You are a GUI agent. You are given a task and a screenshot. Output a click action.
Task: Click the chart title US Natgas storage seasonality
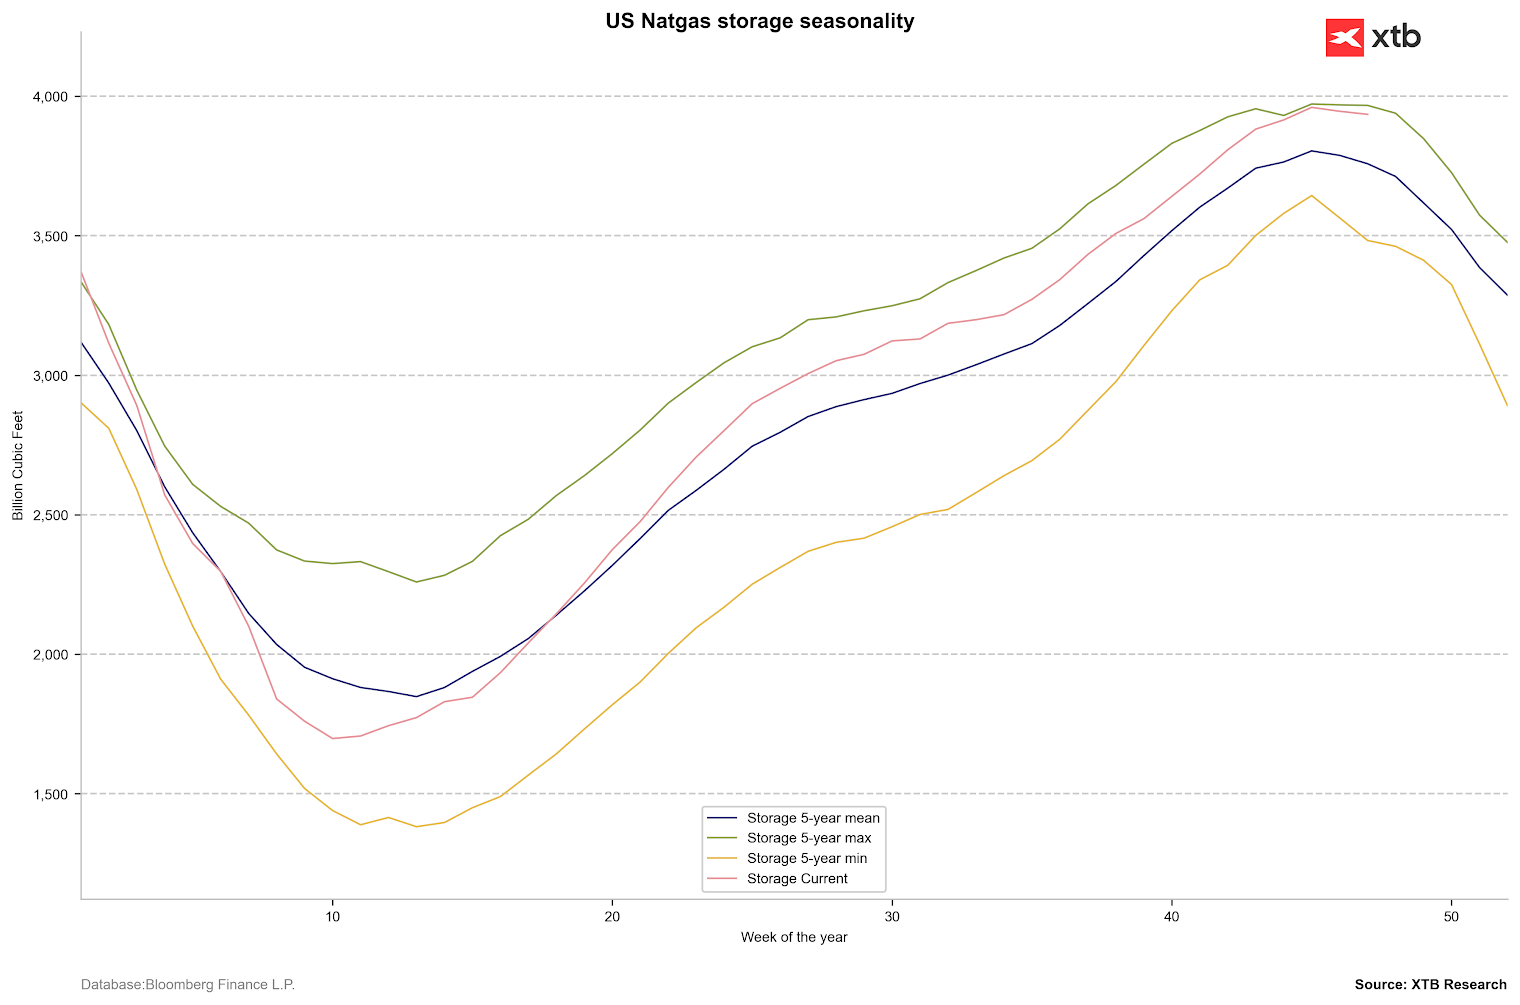coord(759,21)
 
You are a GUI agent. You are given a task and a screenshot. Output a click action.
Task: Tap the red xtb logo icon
coord(1344,38)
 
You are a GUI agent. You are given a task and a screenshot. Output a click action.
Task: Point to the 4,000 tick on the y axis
coord(49,97)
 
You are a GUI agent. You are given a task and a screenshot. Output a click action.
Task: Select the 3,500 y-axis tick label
coord(49,237)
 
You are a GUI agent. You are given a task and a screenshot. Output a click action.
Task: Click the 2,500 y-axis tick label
coord(49,516)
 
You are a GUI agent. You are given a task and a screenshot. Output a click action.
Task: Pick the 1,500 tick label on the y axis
coord(49,795)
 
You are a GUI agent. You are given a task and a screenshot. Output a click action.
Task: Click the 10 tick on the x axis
coord(332,916)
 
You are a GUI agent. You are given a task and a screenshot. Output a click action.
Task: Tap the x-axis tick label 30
coord(892,916)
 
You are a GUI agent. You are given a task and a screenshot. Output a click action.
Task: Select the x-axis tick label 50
coord(1451,916)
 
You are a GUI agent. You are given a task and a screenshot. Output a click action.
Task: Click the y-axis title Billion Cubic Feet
coord(18,466)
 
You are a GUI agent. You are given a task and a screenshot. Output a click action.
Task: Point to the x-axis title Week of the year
coord(794,938)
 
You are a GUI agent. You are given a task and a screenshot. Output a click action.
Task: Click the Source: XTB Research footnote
coord(1430,985)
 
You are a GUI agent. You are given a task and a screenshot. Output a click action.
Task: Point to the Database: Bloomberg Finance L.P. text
coord(188,985)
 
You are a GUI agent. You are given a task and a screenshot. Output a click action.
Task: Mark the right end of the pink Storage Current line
coord(1367,114)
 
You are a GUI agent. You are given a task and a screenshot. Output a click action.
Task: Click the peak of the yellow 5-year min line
coord(1311,195)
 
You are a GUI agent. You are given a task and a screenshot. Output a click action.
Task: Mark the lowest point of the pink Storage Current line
coord(332,738)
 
